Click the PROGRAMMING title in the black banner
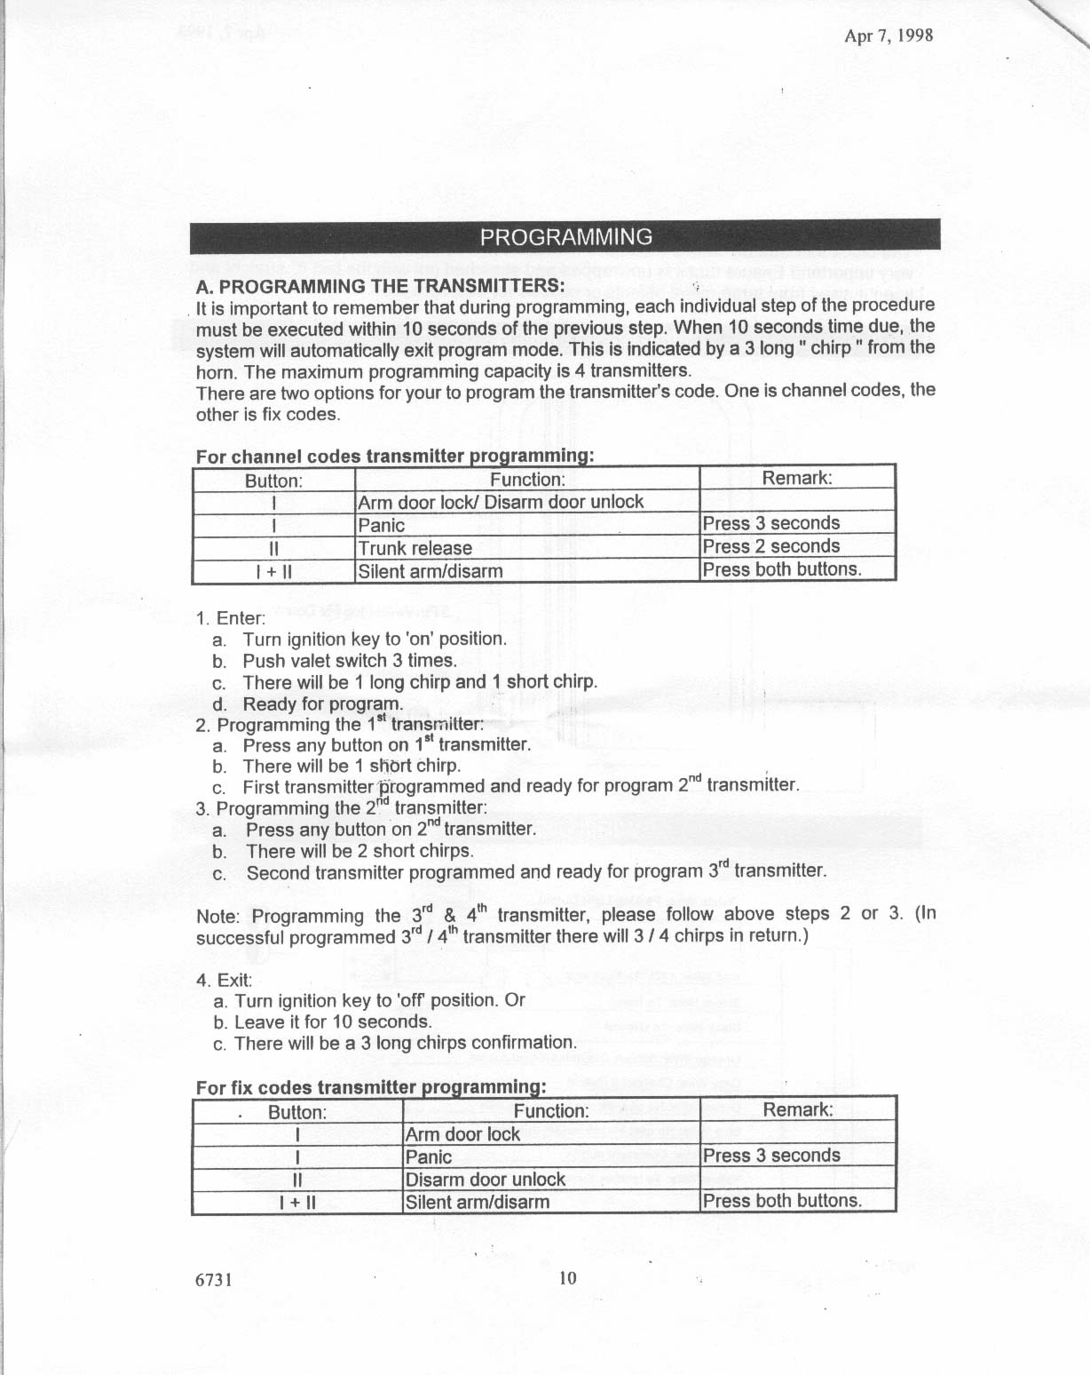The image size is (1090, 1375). (x=565, y=237)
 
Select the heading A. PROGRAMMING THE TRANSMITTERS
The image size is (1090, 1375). (x=380, y=286)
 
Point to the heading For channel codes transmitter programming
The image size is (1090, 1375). (x=394, y=457)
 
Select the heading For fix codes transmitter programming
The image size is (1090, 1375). (x=369, y=1087)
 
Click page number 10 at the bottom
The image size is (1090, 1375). (x=568, y=1278)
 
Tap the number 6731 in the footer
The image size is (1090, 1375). (x=214, y=1280)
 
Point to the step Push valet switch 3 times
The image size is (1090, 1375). (x=350, y=661)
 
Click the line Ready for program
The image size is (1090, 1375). (x=322, y=703)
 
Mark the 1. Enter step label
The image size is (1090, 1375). (x=231, y=618)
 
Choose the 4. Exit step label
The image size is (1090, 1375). (x=224, y=980)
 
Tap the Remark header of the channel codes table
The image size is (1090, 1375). (x=797, y=478)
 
